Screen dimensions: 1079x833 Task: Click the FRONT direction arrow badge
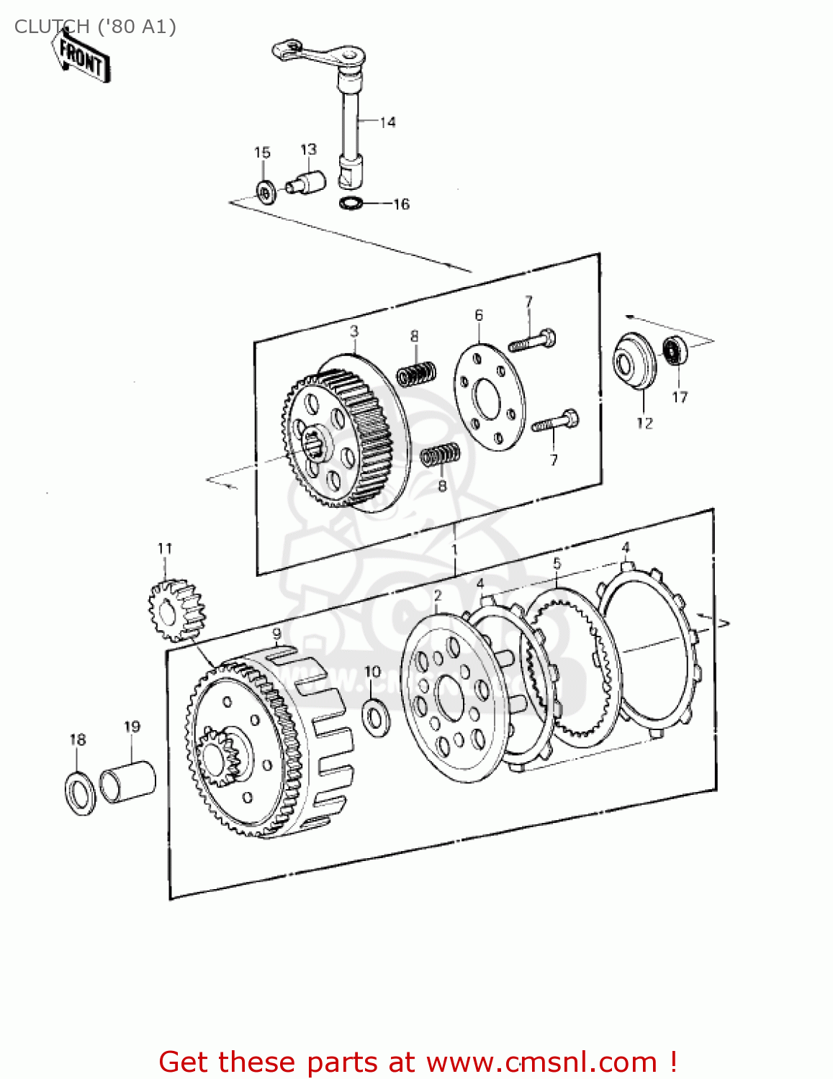(x=81, y=57)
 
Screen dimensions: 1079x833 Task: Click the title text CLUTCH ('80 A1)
(x=95, y=27)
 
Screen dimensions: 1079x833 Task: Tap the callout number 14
(x=387, y=122)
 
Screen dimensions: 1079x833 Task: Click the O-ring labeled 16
(x=350, y=204)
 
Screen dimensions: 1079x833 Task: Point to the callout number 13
(x=308, y=150)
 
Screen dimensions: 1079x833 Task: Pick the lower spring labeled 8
(x=440, y=455)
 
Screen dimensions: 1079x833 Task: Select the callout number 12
(x=644, y=423)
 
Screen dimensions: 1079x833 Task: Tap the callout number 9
(x=276, y=634)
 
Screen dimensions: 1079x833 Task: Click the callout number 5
(x=557, y=563)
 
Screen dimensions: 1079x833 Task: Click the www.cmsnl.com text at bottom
(x=541, y=1062)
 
